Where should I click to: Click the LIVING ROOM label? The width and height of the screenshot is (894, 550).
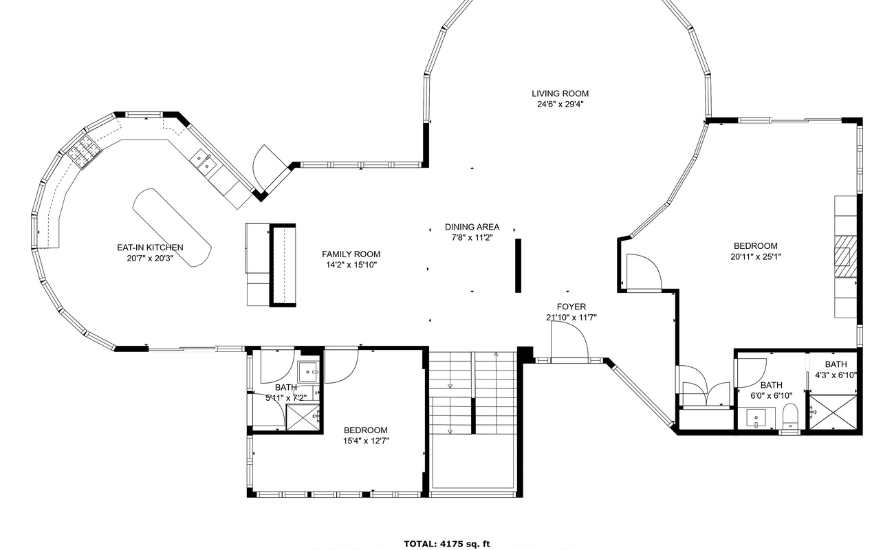click(x=560, y=93)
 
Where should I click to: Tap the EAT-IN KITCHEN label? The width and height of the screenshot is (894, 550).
click(x=150, y=247)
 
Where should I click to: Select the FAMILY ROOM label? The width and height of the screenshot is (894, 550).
click(x=351, y=254)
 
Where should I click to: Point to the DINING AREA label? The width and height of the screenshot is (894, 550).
click(x=472, y=227)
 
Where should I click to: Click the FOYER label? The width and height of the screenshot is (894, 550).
click(x=571, y=307)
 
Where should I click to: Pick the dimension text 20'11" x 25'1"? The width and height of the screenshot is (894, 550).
click(x=756, y=257)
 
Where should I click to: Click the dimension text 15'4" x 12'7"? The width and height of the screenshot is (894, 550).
click(x=366, y=441)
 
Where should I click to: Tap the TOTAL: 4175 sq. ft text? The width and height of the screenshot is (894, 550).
click(x=447, y=544)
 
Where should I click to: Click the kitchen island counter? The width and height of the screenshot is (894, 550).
click(x=172, y=227)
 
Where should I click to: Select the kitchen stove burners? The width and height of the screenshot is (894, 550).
click(x=84, y=152)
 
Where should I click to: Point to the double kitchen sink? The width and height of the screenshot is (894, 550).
click(x=203, y=163)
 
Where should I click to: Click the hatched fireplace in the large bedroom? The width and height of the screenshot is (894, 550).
click(x=846, y=256)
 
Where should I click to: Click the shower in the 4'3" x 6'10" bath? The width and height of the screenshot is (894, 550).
click(x=833, y=412)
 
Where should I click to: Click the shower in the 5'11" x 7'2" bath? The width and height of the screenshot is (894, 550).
click(x=303, y=417)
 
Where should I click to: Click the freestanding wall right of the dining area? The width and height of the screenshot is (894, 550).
click(x=518, y=265)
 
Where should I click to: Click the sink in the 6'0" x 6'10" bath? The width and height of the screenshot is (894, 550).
click(x=756, y=417)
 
